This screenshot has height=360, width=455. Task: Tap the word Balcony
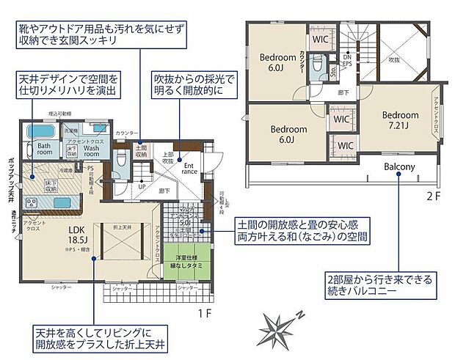click(399, 166)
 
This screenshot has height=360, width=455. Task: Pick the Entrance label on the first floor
click(189, 170)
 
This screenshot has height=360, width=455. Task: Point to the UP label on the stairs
click(142, 186)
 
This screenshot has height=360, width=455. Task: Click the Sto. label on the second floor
click(332, 71)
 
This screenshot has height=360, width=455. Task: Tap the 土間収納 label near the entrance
click(142, 152)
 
